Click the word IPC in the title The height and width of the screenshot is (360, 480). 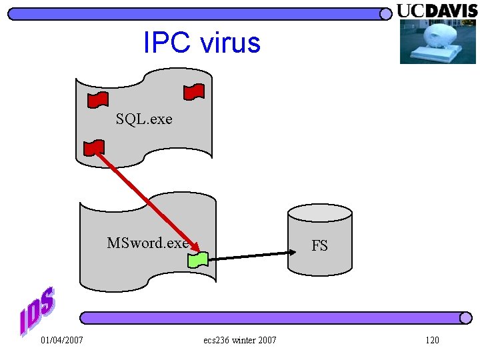(x=162, y=43)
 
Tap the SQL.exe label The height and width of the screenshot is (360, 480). (x=143, y=119)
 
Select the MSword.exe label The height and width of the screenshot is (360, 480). (x=148, y=243)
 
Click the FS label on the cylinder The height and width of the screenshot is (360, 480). (x=319, y=246)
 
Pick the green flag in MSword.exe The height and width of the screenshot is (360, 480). (x=198, y=259)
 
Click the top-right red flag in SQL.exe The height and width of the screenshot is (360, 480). (x=194, y=92)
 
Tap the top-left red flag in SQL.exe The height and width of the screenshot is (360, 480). (x=98, y=99)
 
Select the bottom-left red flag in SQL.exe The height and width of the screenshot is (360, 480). (x=93, y=147)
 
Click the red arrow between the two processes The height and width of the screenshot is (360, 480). (x=143, y=202)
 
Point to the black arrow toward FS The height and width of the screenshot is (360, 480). (x=253, y=255)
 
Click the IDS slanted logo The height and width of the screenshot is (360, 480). (x=37, y=311)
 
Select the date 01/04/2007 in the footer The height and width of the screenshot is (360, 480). (x=62, y=341)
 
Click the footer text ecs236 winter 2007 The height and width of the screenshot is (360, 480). (x=240, y=341)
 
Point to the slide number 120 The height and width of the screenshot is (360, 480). (x=432, y=341)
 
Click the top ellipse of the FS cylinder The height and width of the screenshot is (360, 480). (x=319, y=213)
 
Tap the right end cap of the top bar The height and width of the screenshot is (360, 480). (x=385, y=14)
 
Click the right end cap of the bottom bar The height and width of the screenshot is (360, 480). (x=466, y=318)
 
